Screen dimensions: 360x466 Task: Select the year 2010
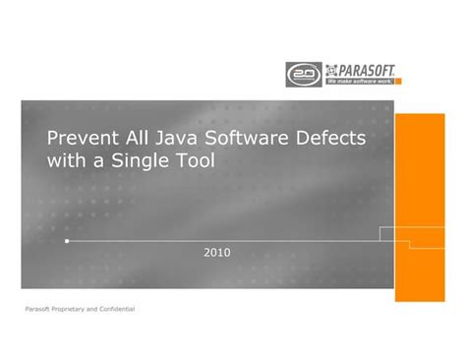(x=217, y=253)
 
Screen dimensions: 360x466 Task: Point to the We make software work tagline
(x=358, y=82)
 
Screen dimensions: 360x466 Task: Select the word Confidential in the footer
(x=117, y=310)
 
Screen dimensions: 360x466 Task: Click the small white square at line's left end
(x=66, y=239)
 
